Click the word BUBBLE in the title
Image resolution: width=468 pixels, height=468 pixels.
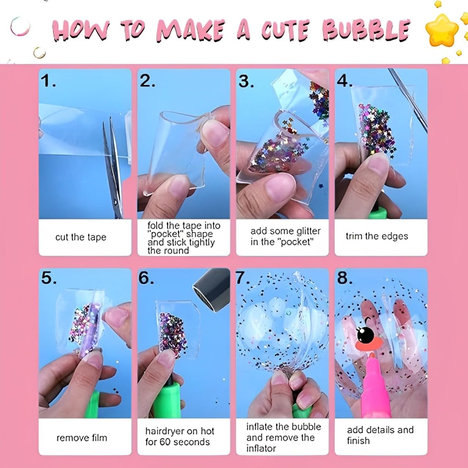(366, 30)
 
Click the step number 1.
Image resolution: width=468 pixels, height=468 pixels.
(48, 81)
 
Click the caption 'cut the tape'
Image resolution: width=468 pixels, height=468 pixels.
(81, 237)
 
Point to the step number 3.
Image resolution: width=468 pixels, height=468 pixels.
(246, 81)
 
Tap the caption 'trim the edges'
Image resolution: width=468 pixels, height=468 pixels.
(377, 236)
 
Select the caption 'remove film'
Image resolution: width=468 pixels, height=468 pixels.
(82, 438)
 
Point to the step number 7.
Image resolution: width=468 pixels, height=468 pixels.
(241, 278)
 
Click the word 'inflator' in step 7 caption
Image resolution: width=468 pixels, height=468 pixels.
(261, 448)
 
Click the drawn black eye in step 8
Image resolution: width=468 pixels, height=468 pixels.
(366, 333)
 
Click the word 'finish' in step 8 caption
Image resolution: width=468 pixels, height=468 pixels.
(358, 441)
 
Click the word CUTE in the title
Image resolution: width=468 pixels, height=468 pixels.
(285, 30)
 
